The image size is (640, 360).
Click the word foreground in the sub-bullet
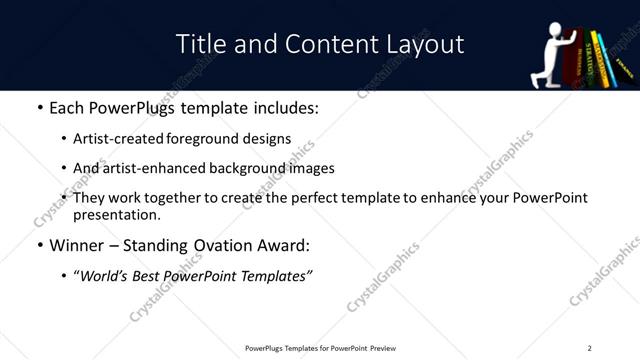click(x=203, y=139)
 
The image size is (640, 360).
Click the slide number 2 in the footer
click(x=589, y=348)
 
